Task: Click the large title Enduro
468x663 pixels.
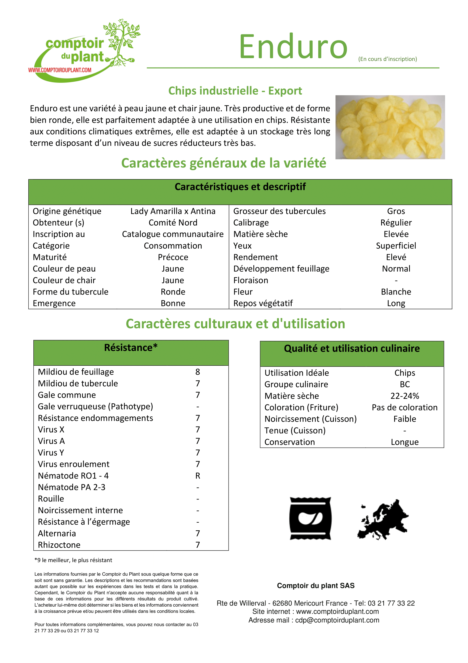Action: click(293, 47)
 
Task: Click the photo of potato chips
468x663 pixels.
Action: click(390, 127)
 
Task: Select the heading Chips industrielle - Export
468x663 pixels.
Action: click(235, 91)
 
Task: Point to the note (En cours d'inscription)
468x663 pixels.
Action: click(387, 59)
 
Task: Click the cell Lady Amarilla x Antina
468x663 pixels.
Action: click(173, 211)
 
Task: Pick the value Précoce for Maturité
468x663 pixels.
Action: click(173, 257)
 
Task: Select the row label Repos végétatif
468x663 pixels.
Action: click(263, 303)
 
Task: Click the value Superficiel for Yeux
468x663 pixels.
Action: click(396, 245)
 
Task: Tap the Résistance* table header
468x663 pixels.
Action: click(131, 348)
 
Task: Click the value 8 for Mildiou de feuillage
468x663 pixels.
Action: click(198, 372)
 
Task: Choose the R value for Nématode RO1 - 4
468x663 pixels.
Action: click(198, 476)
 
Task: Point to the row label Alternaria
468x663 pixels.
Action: click(57, 533)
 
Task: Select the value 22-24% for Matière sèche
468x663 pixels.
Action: click(405, 396)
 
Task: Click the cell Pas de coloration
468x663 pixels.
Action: click(405, 407)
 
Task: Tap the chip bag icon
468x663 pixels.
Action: click(310, 518)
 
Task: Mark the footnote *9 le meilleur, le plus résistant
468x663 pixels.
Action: click(73, 560)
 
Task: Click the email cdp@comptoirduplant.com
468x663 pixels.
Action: click(337, 620)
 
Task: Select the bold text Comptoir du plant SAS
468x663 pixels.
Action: click(315, 585)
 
